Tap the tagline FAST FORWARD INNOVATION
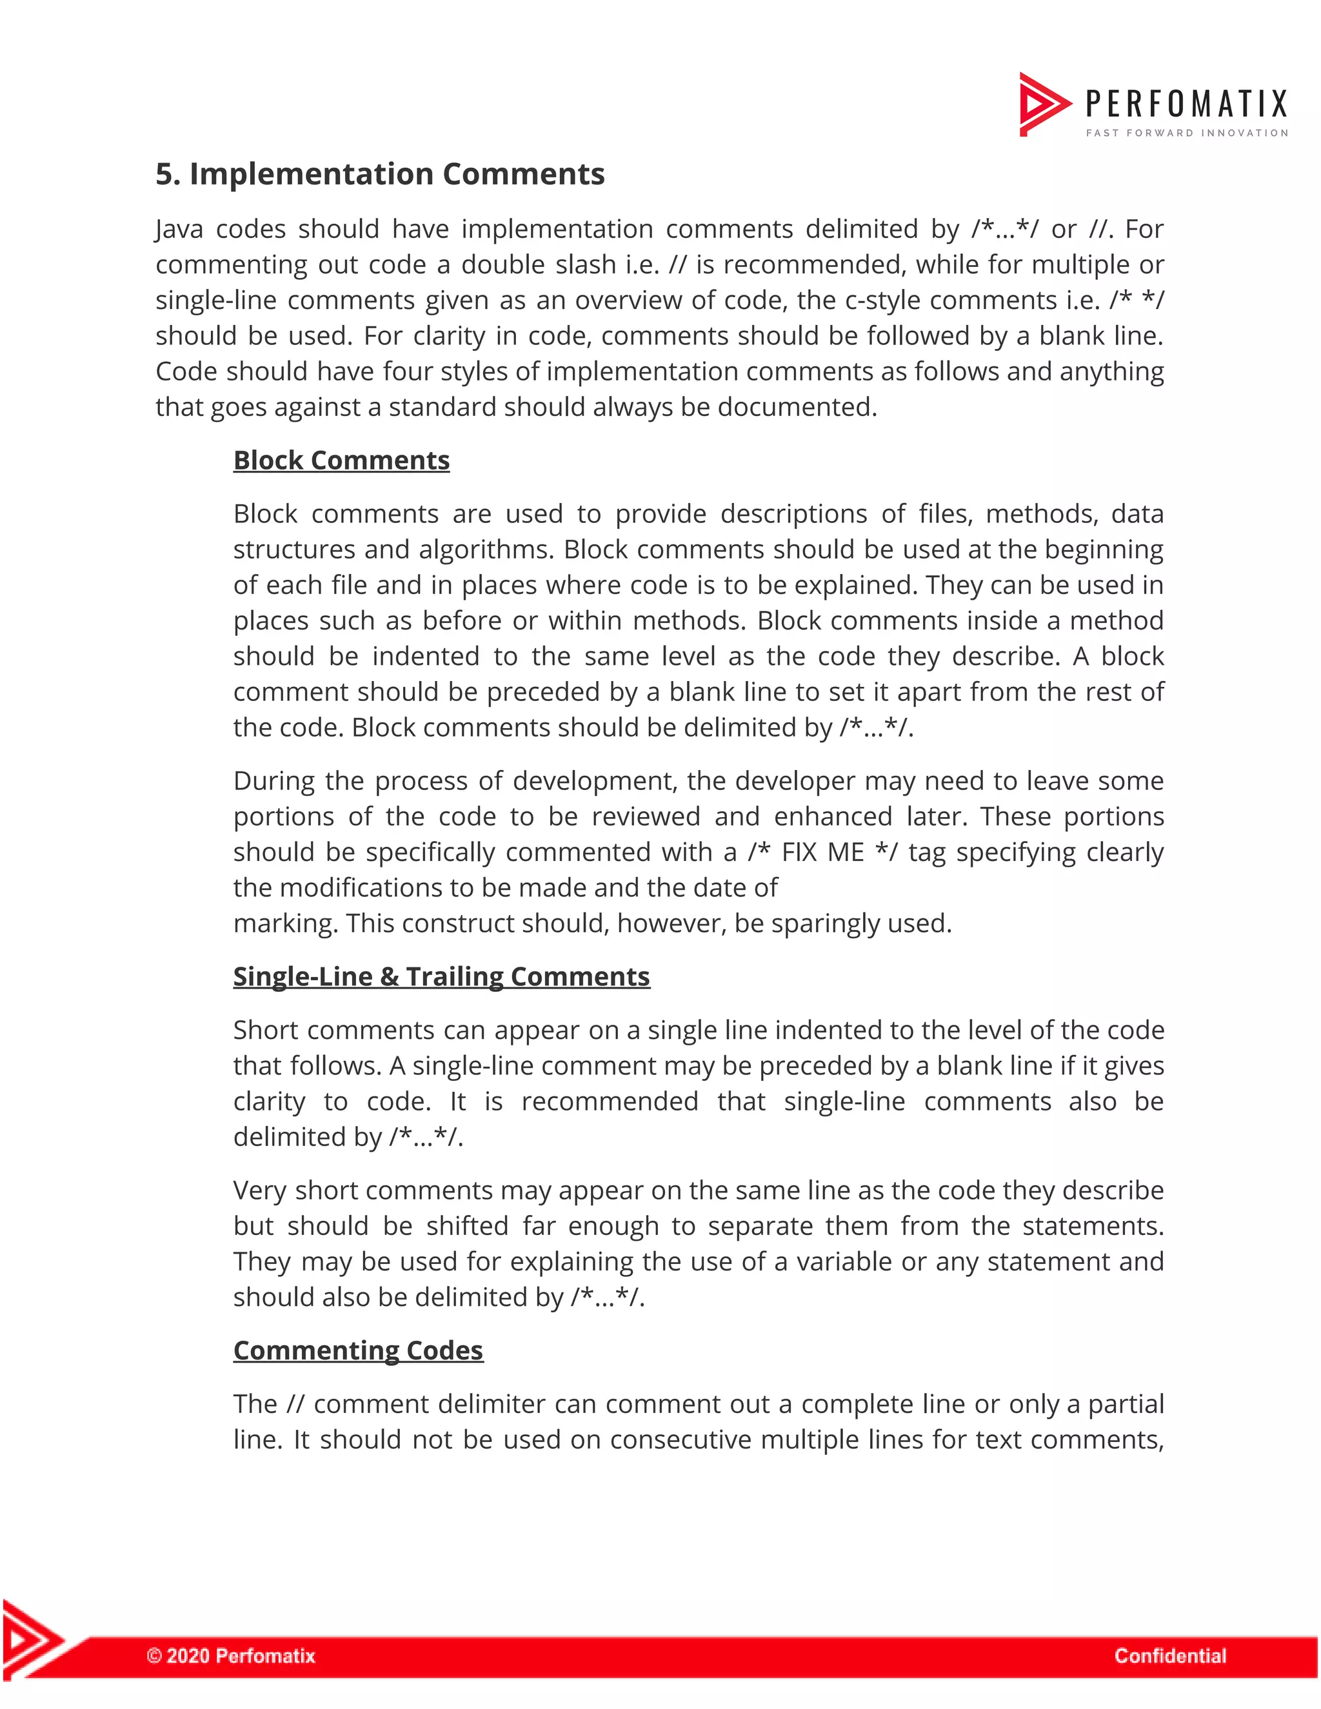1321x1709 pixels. point(1186,133)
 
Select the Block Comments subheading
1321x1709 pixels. point(341,460)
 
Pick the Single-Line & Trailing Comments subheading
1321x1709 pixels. point(441,976)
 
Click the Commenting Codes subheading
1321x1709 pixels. point(357,1350)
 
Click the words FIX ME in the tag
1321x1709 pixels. point(822,852)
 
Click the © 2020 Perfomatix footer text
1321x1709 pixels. point(231,1655)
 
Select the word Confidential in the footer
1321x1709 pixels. point(1170,1655)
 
